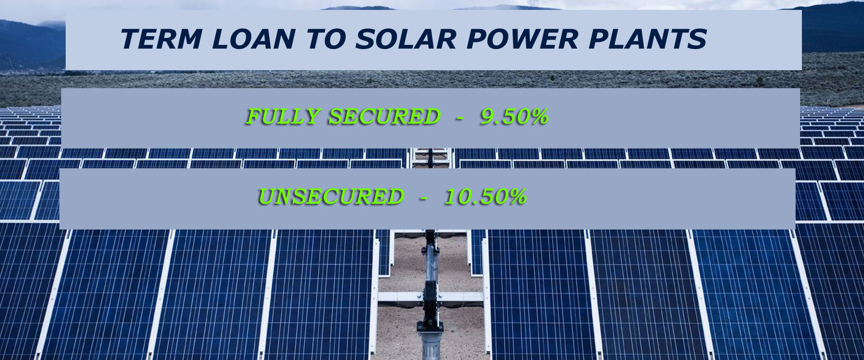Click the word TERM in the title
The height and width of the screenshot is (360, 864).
tap(161, 39)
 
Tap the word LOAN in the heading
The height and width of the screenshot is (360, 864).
tap(253, 39)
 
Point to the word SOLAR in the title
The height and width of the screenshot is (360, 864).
tap(405, 39)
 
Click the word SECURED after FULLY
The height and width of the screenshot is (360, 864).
tap(384, 117)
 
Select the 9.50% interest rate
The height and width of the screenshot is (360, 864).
tap(514, 117)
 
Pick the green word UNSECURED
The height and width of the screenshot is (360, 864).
tap(331, 197)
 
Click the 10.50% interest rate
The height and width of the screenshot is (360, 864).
tap(485, 197)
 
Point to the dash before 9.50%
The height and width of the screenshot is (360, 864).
tap(459, 118)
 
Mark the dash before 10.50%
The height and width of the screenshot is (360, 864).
tap(423, 198)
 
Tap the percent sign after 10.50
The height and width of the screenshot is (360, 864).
tap(516, 197)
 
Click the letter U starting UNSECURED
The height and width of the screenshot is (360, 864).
tap(267, 197)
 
